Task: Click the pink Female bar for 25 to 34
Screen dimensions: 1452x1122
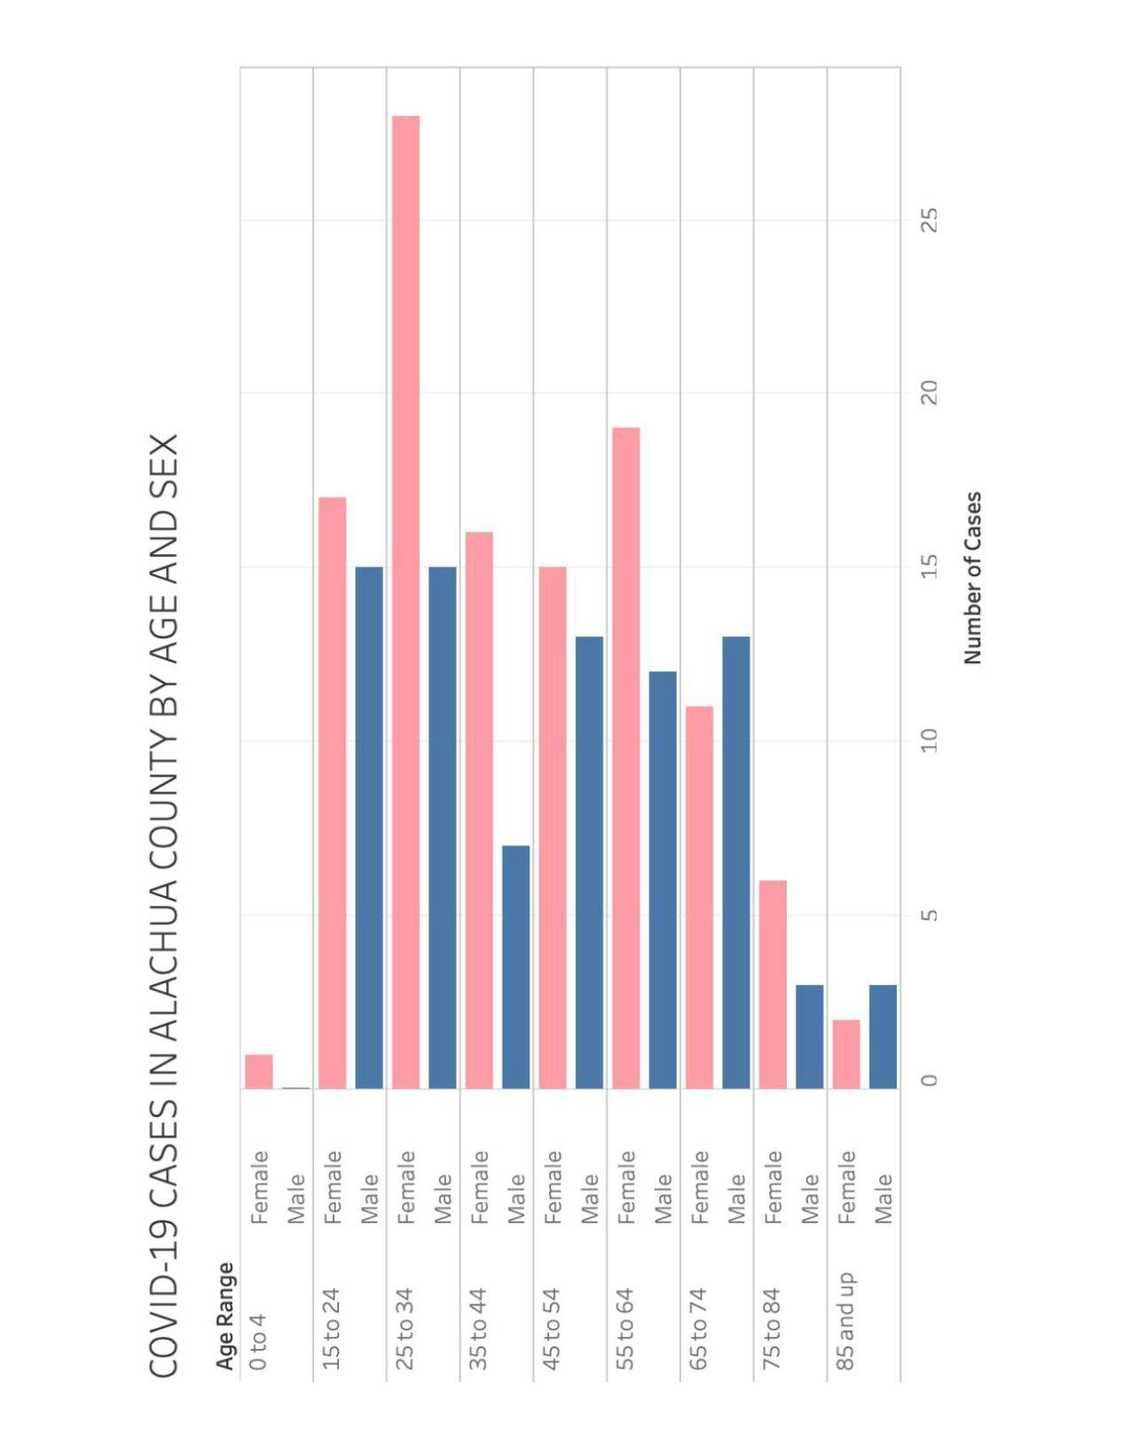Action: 405,603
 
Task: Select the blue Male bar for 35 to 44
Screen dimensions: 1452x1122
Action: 515,966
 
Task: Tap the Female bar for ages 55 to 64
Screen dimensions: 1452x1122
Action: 625,758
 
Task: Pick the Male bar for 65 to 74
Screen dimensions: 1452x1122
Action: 735,862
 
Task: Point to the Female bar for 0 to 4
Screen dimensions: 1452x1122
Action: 259,1071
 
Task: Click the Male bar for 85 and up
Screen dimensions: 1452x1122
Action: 883,1036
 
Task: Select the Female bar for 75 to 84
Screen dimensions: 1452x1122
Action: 773,984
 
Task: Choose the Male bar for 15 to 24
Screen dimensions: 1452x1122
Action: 369,827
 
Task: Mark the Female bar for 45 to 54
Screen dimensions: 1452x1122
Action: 552,827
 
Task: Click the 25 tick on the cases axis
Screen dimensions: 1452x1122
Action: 929,220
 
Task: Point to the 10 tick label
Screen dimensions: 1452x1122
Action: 929,740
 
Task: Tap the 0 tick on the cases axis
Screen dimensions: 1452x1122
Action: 929,1080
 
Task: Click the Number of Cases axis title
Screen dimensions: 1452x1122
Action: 973,578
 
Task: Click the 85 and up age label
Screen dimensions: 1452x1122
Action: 845,1321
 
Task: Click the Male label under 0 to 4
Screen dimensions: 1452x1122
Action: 295,1198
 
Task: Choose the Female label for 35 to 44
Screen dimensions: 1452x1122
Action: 479,1187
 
